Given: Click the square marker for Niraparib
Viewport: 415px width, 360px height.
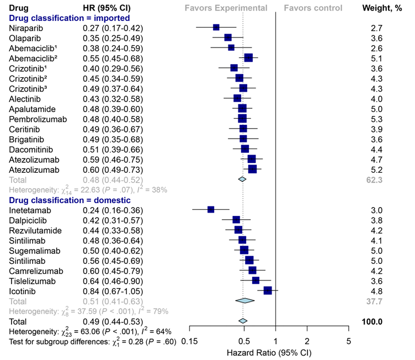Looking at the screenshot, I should pyautogui.click(x=216, y=28).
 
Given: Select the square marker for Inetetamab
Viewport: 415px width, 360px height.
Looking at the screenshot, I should pyautogui.click(x=211, y=210).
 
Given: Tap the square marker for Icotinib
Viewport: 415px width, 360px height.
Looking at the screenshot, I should pyautogui.click(x=268, y=290).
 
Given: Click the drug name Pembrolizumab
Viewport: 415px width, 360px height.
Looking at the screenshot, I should pyautogui.click(x=34, y=118).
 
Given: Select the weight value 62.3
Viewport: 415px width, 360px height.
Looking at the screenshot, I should pyautogui.click(x=376, y=179).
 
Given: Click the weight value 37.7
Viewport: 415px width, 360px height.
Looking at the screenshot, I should pyautogui.click(x=376, y=300).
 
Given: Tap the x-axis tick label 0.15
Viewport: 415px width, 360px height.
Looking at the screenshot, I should pyautogui.click(x=189, y=340).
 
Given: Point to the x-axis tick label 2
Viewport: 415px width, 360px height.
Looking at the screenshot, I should pyautogui.click(x=307, y=340).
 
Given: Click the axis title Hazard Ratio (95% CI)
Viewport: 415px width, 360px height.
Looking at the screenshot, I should pyautogui.click(x=269, y=352).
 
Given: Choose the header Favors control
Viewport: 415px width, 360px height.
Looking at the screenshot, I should pyautogui.click(x=313, y=8).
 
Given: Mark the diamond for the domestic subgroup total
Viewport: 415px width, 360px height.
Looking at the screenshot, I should pyautogui.click(x=244, y=300).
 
